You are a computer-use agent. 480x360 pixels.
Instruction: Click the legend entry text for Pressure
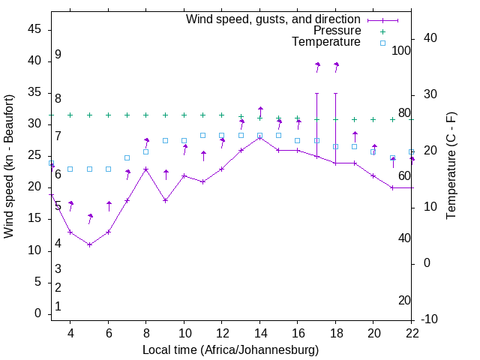coord(337,31)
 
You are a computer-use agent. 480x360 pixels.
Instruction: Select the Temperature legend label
coord(325,42)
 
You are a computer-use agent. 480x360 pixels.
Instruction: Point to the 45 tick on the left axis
coord(35,29)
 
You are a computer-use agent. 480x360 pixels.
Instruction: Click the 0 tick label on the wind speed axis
coord(38,313)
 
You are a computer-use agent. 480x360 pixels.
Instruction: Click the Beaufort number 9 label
coord(58,55)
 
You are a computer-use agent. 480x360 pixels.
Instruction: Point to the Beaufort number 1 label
coord(58,306)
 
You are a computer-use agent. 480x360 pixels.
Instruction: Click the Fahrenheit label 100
coord(401,51)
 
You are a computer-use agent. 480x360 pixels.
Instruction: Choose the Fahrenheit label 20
coord(404,300)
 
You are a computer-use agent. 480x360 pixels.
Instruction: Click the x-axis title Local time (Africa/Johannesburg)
coord(230,349)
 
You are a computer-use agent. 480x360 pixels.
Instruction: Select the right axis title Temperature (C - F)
coord(451,166)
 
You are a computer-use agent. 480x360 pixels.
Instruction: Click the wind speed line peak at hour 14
coord(260,136)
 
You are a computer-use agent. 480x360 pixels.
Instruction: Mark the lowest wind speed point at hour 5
coord(89,244)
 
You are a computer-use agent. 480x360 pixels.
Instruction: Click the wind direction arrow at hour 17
coord(317,67)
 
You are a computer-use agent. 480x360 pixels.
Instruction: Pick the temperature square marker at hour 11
coord(203,135)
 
